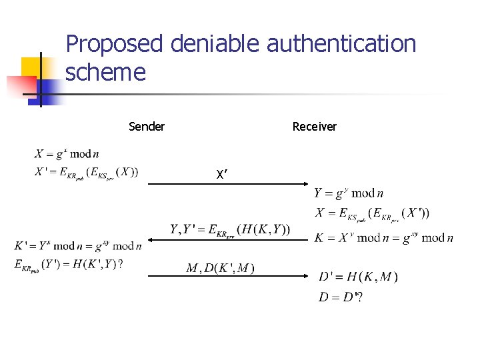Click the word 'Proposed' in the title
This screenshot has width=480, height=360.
tap(115, 45)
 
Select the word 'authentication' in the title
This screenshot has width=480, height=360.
tap(341, 45)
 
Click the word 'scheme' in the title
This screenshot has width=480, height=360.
tap(105, 72)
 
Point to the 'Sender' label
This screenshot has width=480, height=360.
tap(147, 127)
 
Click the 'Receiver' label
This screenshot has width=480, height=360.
tap(315, 127)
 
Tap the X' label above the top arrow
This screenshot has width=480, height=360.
tap(222, 175)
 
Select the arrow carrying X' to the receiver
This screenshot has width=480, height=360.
tap(227, 184)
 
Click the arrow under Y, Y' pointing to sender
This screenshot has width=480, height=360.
tap(227, 239)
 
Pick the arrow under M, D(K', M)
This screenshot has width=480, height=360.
tap(227, 275)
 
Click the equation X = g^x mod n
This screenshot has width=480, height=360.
tap(67, 155)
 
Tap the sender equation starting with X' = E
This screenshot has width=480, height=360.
tap(87, 172)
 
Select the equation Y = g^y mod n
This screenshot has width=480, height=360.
tap(349, 194)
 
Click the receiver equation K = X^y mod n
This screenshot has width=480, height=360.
tap(383, 237)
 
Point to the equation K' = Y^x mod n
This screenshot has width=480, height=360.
tap(78, 246)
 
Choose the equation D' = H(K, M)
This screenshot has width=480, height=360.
tap(358, 277)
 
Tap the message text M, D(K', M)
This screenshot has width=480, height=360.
tap(220, 268)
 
